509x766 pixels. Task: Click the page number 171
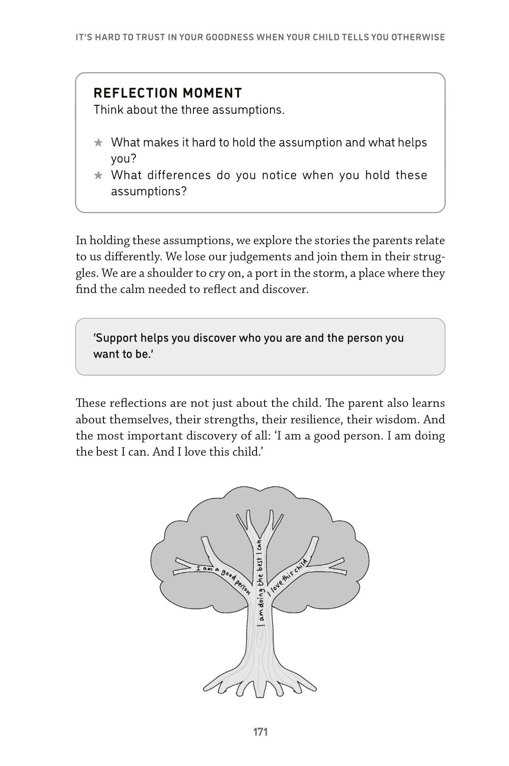click(260, 732)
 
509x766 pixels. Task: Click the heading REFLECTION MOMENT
click(168, 93)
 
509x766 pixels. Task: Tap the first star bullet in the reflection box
click(98, 143)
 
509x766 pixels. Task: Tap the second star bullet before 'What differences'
click(98, 175)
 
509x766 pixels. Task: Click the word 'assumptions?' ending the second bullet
click(149, 191)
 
